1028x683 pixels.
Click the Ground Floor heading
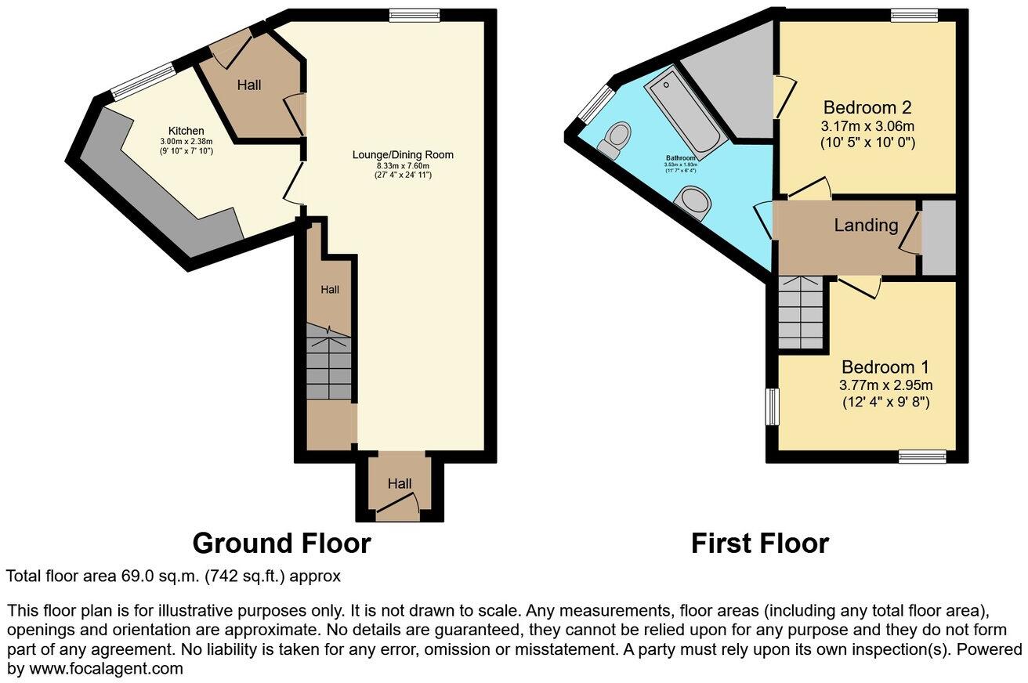click(281, 543)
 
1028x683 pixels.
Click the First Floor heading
click(759, 543)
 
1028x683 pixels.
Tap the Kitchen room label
click(186, 131)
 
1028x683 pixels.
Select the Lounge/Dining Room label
click(403, 155)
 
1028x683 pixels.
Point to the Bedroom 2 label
click(867, 107)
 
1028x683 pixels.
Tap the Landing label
click(866, 226)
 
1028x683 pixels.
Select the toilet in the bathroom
click(615, 139)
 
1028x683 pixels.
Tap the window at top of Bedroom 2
click(914, 14)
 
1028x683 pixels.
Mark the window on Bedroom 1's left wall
click(773, 407)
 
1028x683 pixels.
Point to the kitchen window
click(144, 81)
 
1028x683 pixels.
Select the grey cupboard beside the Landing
click(939, 237)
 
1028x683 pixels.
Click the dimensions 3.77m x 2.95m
click(885, 385)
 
